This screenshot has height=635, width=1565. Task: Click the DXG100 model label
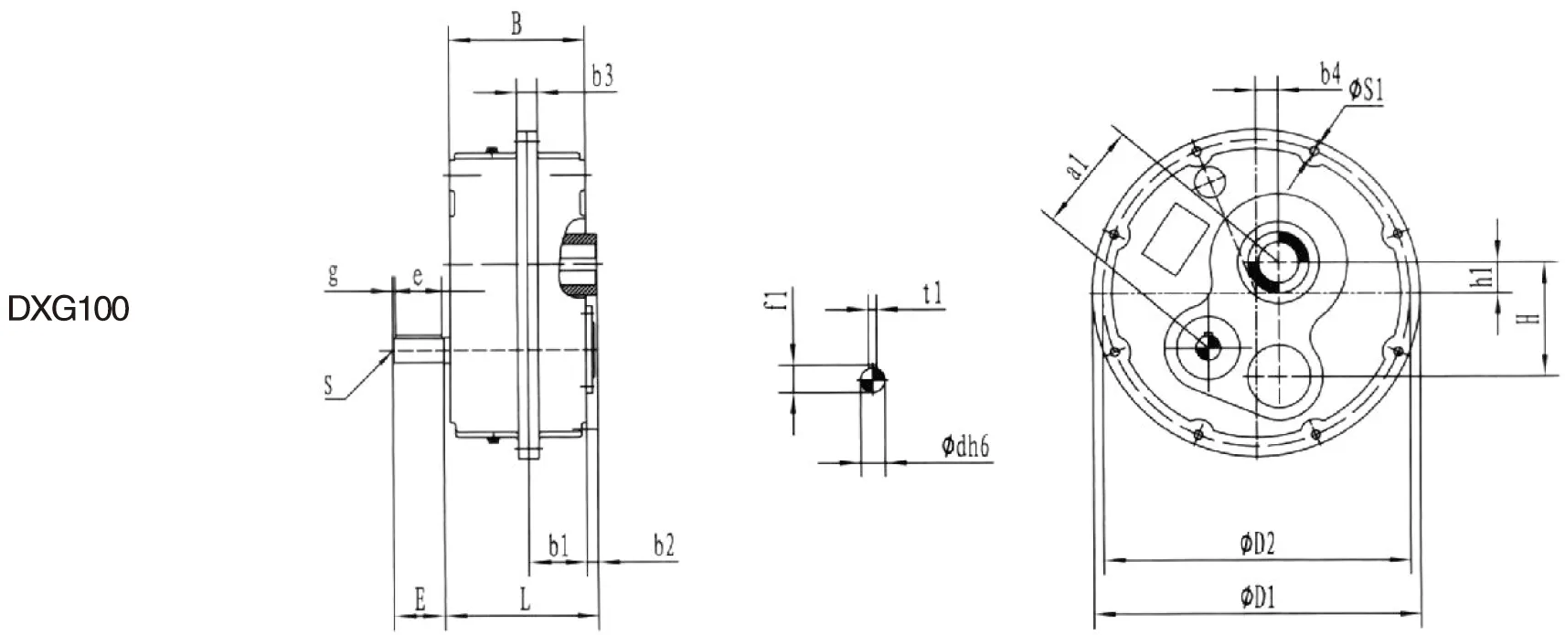click(69, 311)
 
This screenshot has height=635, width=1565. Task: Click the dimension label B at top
click(516, 25)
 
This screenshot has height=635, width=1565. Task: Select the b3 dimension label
click(602, 78)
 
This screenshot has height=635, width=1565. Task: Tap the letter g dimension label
click(334, 275)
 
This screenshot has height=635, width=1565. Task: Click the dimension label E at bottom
click(420, 600)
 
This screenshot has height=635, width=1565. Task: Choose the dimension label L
click(525, 600)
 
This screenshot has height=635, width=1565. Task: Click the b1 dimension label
click(559, 546)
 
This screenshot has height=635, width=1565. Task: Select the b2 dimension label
click(664, 546)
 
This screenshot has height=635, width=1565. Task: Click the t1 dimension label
click(932, 293)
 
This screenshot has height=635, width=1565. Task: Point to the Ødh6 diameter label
click(966, 447)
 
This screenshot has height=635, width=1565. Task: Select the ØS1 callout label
click(1368, 90)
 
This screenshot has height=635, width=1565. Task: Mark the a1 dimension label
click(1079, 167)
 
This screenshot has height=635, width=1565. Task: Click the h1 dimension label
click(1485, 277)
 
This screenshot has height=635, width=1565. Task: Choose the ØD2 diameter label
click(1257, 545)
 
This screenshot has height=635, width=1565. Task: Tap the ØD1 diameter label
click(1257, 599)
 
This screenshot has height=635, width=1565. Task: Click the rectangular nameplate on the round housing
click(1177, 237)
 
